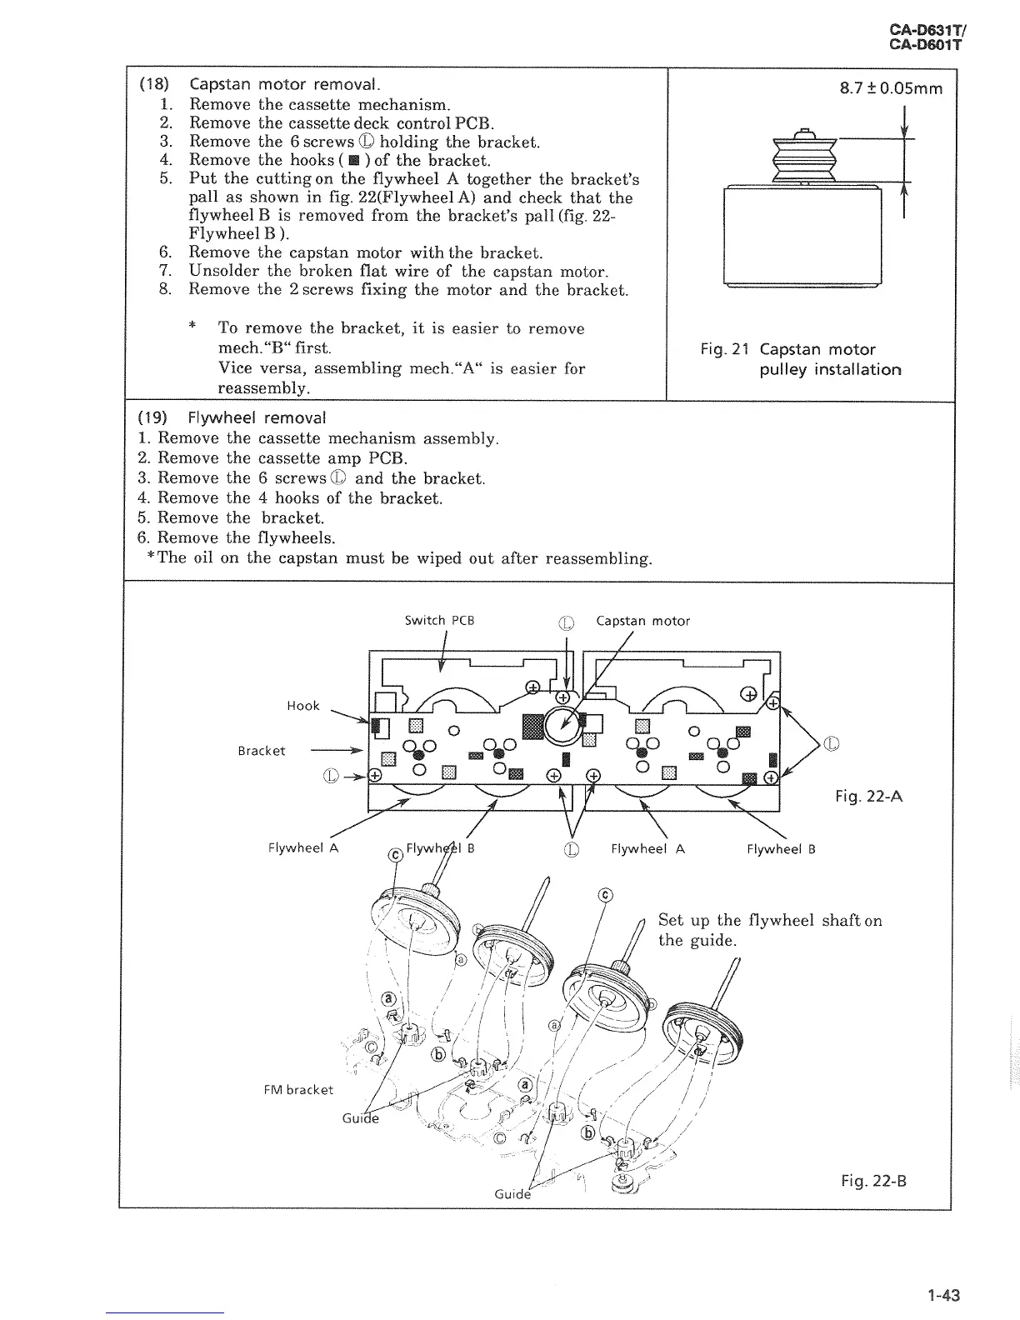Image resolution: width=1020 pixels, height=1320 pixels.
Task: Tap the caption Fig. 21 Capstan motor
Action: [x=787, y=350]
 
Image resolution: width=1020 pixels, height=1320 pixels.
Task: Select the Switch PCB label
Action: [x=439, y=621]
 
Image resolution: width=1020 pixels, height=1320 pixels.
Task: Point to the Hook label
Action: [x=302, y=706]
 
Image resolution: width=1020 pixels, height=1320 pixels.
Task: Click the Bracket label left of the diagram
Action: [x=261, y=751]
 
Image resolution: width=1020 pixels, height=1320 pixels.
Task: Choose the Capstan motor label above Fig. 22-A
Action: [x=642, y=621]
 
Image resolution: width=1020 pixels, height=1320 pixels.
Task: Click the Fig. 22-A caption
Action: [x=868, y=797]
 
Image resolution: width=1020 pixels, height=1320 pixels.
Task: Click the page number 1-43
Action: [x=943, y=1296]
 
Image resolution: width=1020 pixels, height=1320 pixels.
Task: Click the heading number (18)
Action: [x=154, y=85]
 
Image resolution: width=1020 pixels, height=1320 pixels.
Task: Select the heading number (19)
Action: [x=154, y=417]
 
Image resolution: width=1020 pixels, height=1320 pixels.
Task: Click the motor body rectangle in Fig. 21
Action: [x=803, y=236]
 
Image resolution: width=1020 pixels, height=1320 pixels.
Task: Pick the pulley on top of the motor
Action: [x=803, y=156]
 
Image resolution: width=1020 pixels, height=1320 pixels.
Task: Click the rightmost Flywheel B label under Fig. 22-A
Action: [x=781, y=849]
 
